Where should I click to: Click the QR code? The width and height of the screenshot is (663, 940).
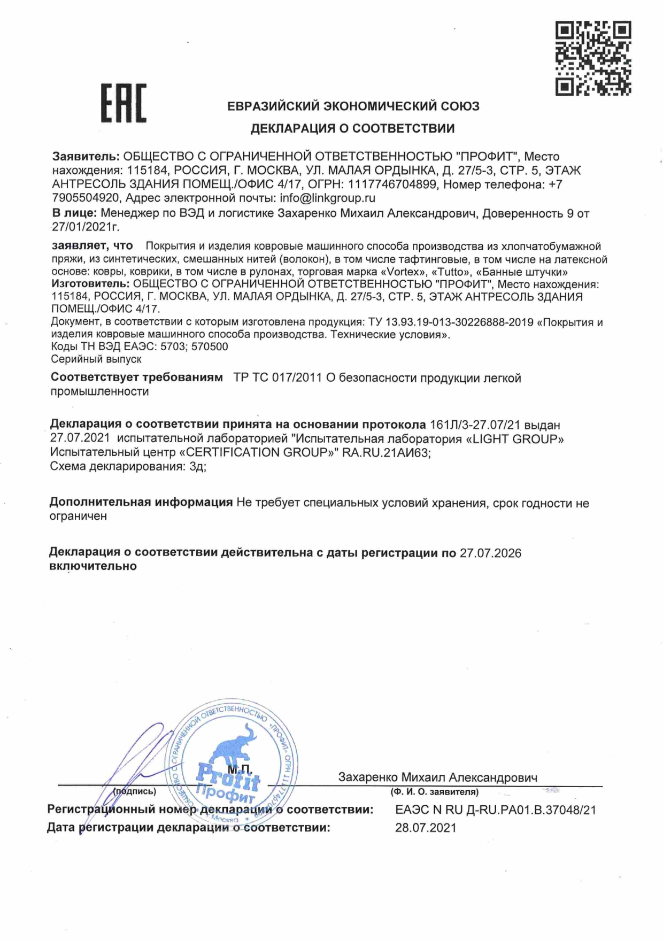pyautogui.click(x=593, y=58)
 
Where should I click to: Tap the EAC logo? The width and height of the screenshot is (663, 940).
pyautogui.click(x=124, y=103)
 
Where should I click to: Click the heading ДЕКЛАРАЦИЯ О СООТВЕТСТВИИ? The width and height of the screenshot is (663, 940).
pyautogui.click(x=353, y=128)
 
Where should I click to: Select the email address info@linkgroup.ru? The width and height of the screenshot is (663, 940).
pyautogui.click(x=328, y=198)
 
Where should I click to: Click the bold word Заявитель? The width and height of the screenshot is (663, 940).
pyautogui.click(x=86, y=157)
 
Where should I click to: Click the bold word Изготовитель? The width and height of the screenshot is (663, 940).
pyautogui.click(x=90, y=284)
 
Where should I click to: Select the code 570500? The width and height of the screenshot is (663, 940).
pyautogui.click(x=210, y=346)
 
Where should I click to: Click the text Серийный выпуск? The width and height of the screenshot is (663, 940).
pyautogui.click(x=96, y=359)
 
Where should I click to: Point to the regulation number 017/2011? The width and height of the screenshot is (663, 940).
pyautogui.click(x=297, y=378)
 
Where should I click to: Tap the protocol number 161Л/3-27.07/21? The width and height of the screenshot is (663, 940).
pyautogui.click(x=475, y=425)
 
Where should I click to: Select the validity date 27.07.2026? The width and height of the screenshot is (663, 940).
pyautogui.click(x=490, y=553)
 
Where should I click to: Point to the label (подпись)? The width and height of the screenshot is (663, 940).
pyautogui.click(x=135, y=791)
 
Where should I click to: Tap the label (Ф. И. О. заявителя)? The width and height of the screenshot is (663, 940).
pyautogui.click(x=434, y=792)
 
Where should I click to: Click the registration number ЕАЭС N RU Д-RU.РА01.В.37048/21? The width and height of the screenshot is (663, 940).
pyautogui.click(x=495, y=810)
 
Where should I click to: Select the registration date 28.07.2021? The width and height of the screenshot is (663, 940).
pyautogui.click(x=426, y=828)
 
